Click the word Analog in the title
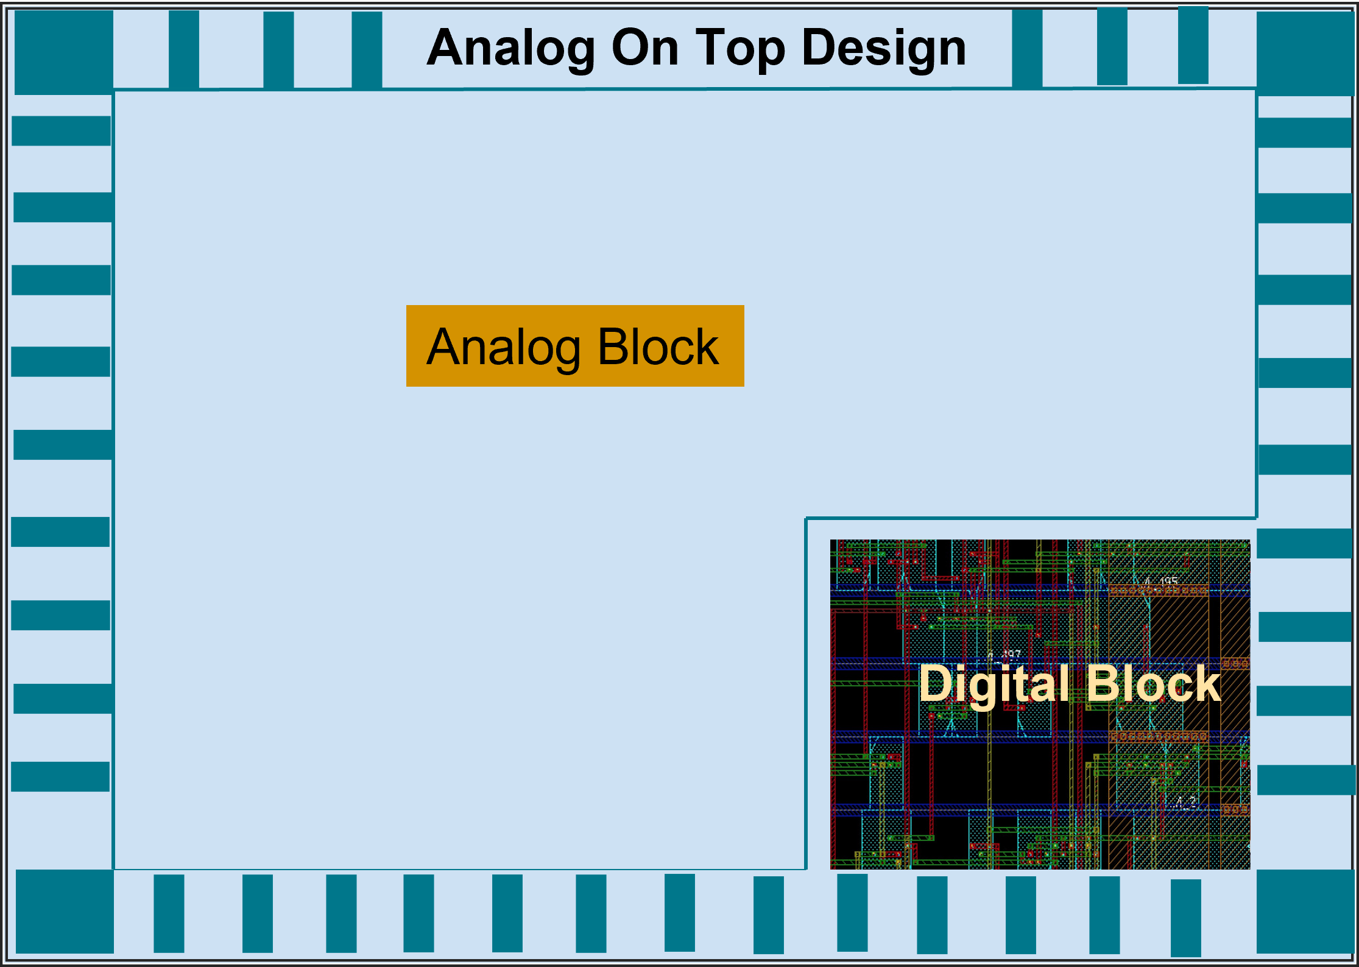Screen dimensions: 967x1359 (510, 49)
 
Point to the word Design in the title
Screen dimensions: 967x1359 (884, 49)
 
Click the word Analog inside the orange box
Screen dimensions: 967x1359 (503, 347)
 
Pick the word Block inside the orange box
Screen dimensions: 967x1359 (658, 346)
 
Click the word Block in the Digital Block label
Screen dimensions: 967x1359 (1153, 683)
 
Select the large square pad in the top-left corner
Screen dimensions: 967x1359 (63, 52)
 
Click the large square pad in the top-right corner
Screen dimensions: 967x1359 (1305, 54)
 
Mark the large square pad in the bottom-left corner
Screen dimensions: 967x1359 (65, 911)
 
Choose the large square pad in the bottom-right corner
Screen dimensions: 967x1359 (1305, 911)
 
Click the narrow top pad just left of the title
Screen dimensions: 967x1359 (367, 50)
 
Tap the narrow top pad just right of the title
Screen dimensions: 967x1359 (1027, 49)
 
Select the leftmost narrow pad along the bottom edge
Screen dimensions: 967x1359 (169, 913)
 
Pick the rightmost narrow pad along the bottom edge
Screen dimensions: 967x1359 (1185, 918)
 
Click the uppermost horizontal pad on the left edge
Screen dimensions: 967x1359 (61, 131)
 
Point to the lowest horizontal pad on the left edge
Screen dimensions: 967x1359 (60, 776)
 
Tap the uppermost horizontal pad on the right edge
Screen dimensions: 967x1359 (1305, 133)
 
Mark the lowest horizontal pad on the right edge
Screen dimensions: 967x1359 (1306, 780)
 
